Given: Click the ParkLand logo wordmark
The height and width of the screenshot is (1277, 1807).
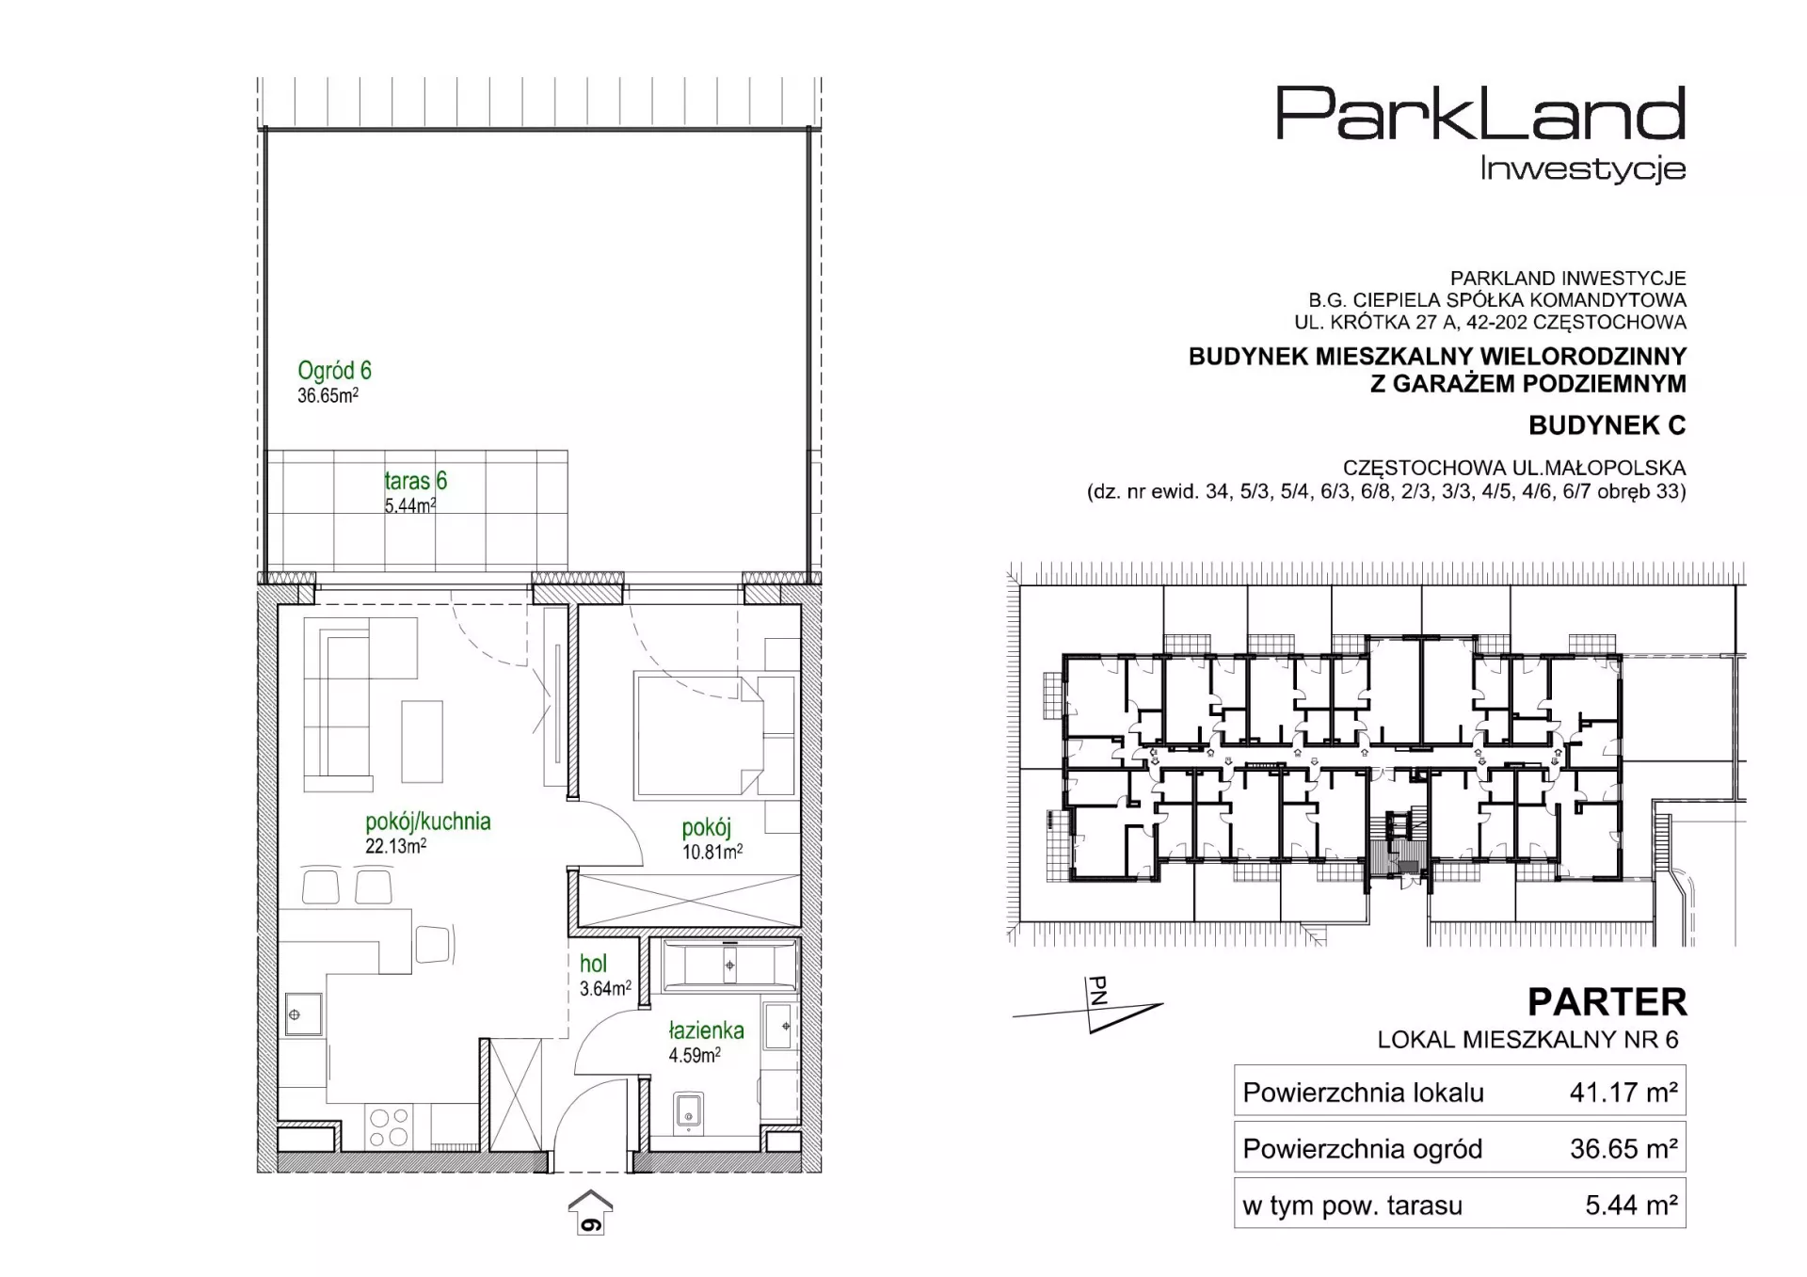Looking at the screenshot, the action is click(x=1480, y=113).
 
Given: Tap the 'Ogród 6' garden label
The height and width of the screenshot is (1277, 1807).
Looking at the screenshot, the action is click(x=334, y=370).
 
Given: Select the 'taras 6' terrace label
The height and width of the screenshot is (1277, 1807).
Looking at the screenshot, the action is click(x=415, y=481).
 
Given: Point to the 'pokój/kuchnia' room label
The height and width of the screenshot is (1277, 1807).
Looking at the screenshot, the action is click(x=428, y=822).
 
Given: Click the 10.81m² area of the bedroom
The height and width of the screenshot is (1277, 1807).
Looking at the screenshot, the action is click(x=712, y=852).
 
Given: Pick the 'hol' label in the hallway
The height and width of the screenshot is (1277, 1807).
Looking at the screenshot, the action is click(x=593, y=964).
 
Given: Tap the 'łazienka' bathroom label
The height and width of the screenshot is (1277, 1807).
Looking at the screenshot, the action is click(x=706, y=1030).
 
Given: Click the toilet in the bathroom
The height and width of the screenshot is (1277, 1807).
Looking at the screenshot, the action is click(x=689, y=1111).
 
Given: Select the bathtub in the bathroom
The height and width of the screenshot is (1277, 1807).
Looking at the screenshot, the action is click(x=730, y=965).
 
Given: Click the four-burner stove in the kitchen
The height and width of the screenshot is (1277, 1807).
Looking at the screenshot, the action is click(x=389, y=1127).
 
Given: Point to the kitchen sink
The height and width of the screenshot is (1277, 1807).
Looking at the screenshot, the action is click(x=303, y=1014).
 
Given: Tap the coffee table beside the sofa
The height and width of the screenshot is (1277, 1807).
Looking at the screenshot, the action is click(x=422, y=742).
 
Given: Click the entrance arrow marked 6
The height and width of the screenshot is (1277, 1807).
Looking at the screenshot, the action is click(x=590, y=1212).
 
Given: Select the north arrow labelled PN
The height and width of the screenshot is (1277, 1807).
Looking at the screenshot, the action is click(x=1088, y=1005).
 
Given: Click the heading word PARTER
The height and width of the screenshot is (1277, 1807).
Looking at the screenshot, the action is click(x=1607, y=1002).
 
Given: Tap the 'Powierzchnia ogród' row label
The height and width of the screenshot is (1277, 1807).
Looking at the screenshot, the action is click(x=1362, y=1148).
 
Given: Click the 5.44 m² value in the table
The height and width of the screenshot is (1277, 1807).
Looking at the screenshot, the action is click(x=1632, y=1205).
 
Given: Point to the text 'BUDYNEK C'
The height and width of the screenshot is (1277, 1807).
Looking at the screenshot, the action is click(x=1607, y=425).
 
